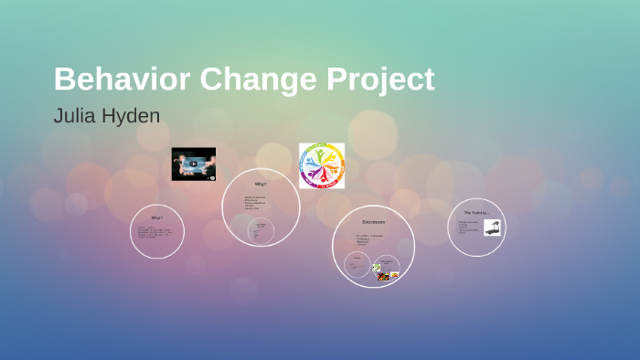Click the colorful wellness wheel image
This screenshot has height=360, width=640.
pyautogui.click(x=322, y=165)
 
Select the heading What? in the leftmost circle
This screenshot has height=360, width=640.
pyautogui.click(x=157, y=217)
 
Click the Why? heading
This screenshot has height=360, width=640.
pyautogui.click(x=261, y=184)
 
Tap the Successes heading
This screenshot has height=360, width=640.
pyautogui.click(x=373, y=221)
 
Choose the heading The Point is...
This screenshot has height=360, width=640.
pyautogui.click(x=475, y=213)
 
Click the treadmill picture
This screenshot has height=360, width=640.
pyautogui.click(x=492, y=228)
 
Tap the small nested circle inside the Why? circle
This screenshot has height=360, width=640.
pyautogui.click(x=261, y=230)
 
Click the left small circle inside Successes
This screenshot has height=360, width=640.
pyautogui.click(x=357, y=265)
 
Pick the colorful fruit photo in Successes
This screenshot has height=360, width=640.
pyautogui.click(x=383, y=276)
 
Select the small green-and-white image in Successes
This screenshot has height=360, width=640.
pyautogui.click(x=376, y=268)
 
